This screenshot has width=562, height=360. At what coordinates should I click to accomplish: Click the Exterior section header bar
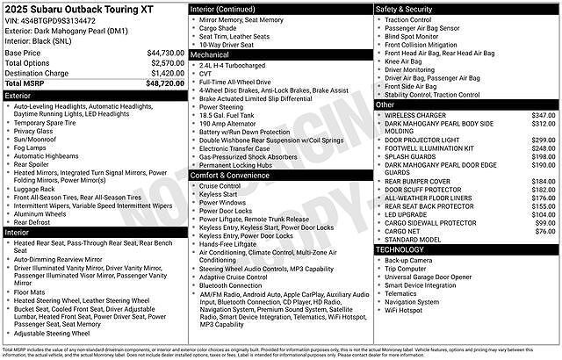(94, 94)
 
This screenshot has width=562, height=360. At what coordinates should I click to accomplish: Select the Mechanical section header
(280, 54)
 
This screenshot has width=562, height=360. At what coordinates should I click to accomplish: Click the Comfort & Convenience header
(280, 176)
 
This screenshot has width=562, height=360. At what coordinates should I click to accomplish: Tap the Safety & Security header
(466, 9)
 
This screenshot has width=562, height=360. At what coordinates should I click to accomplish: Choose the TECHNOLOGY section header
(466, 249)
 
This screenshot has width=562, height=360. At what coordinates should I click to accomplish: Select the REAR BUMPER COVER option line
(417, 181)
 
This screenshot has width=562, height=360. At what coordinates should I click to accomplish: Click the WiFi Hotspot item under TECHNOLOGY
(403, 310)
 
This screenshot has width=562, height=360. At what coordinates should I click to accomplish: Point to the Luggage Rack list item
(36, 189)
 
